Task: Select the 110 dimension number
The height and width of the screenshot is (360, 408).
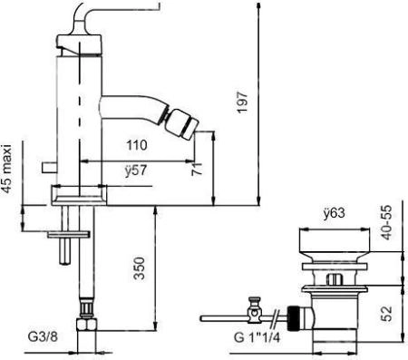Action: tap(137, 145)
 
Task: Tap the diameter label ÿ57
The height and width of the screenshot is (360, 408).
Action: tap(138, 168)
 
